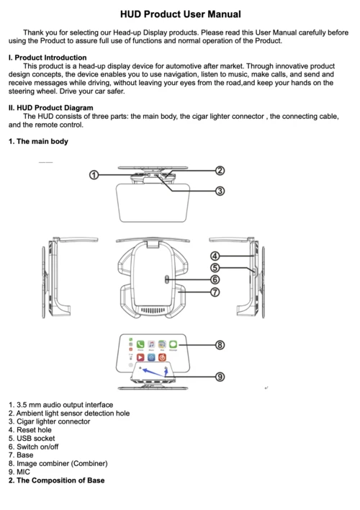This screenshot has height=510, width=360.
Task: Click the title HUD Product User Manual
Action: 181,14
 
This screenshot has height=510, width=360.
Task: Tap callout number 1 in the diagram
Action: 94,175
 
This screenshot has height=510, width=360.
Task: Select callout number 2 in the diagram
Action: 220,171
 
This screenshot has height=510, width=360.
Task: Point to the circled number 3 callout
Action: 220,191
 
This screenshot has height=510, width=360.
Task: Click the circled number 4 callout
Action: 215,256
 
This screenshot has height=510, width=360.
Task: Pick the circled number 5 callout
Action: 215,268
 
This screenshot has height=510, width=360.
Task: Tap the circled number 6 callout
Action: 215,279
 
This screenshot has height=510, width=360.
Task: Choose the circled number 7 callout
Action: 215,292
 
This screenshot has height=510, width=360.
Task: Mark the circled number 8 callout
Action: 220,345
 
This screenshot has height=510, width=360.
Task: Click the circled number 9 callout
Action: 220,377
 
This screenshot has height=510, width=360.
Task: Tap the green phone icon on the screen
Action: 140,344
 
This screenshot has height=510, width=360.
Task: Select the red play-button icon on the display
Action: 140,357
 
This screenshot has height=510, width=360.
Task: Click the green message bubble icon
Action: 173,344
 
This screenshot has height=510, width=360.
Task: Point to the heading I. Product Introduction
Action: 48,58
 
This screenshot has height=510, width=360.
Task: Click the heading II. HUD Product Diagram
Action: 50,107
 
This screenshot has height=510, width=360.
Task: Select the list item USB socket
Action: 32,439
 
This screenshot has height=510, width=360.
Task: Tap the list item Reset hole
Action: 30,430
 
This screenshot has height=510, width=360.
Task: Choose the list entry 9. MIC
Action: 19,472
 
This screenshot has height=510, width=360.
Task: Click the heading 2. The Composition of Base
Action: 57,480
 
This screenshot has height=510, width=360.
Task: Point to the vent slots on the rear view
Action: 153,310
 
